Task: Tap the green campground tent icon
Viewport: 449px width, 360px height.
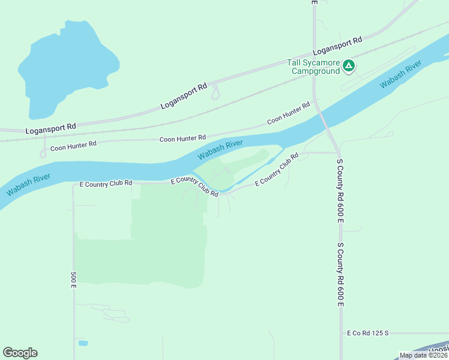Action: [349, 66]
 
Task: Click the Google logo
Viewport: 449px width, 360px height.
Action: [20, 353]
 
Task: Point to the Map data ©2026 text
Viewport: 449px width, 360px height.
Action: [424, 355]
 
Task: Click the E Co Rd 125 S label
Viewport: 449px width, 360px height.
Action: [368, 332]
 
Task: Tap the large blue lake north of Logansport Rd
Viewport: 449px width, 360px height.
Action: [66, 66]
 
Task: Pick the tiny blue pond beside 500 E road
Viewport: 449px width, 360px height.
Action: [83, 343]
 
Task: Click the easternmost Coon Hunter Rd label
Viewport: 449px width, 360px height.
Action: [289, 112]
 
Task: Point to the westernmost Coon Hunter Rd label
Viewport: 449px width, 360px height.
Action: [73, 145]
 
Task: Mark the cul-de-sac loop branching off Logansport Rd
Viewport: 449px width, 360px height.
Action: [215, 93]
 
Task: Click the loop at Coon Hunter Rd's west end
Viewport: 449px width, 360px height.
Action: [43, 153]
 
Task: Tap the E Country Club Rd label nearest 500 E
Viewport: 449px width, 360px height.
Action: [106, 184]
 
